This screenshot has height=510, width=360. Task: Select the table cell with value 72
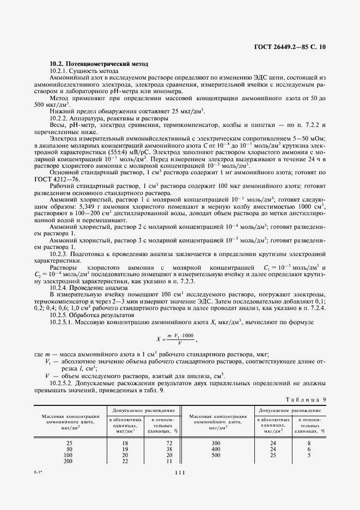coord(169,442)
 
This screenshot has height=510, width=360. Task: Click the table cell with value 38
coord(169,449)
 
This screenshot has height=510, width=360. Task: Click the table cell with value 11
coord(169,462)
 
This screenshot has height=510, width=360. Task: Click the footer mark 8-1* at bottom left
coord(40,469)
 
